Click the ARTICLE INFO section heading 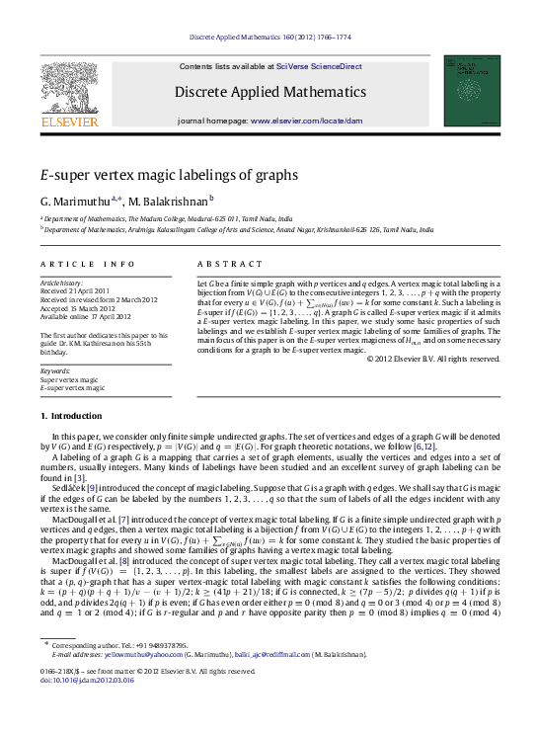(88, 264)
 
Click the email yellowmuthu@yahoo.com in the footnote (134, 682)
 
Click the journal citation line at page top (268, 39)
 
